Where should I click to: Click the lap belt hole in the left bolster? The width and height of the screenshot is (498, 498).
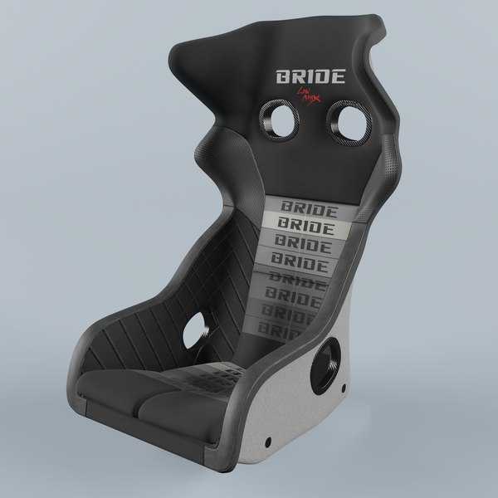click(198, 330)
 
